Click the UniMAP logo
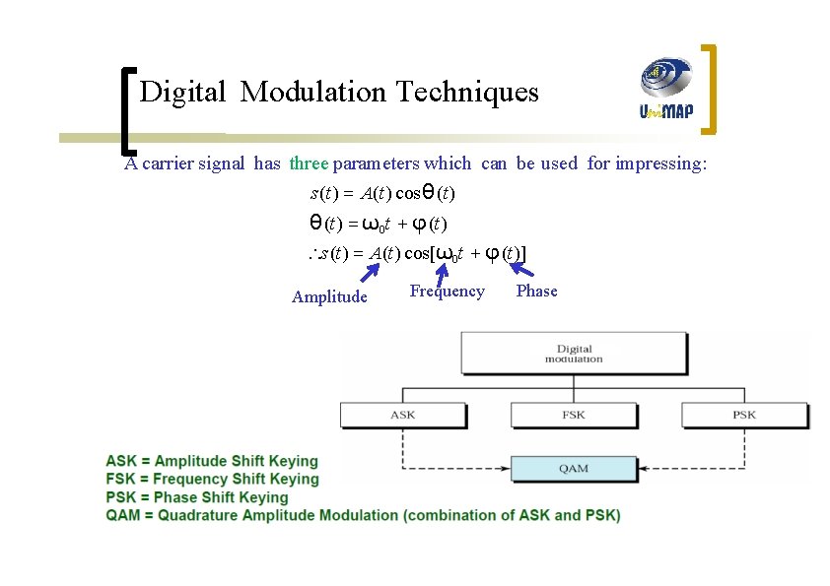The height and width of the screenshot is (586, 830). pyautogui.click(x=666, y=88)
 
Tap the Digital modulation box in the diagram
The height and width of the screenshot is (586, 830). pyautogui.click(x=574, y=354)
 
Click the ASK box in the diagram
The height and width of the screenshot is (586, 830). pyautogui.click(x=402, y=415)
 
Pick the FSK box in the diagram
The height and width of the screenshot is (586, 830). pyautogui.click(x=574, y=415)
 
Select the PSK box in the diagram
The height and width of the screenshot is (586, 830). pyautogui.click(x=744, y=415)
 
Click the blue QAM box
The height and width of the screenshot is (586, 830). pyautogui.click(x=574, y=468)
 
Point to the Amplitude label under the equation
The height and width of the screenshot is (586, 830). pyautogui.click(x=329, y=297)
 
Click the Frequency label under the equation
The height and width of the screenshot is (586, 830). pyautogui.click(x=447, y=292)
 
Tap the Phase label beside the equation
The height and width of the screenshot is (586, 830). pyautogui.click(x=536, y=292)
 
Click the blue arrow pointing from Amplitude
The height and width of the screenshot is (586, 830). pyautogui.click(x=368, y=273)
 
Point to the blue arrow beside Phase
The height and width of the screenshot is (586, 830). pyautogui.click(x=521, y=266)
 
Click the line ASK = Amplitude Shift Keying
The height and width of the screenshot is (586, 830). pyautogui.click(x=212, y=461)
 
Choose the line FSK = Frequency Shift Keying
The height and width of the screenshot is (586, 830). pyautogui.click(x=212, y=479)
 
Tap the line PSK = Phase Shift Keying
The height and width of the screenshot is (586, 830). pyautogui.click(x=197, y=497)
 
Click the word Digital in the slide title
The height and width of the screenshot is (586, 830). pyautogui.click(x=183, y=93)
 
